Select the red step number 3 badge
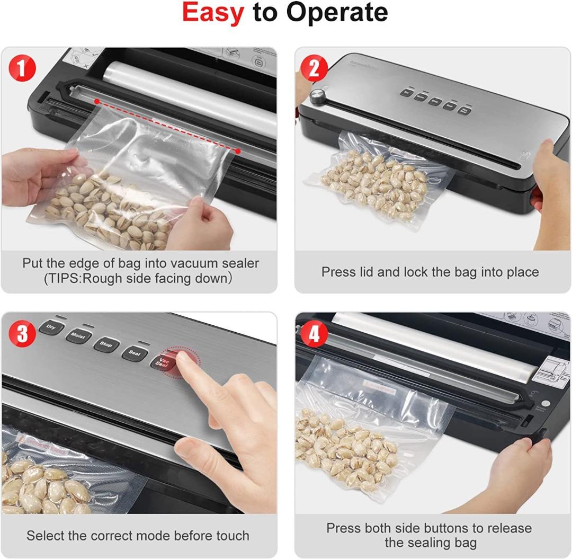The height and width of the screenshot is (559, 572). click(22, 334)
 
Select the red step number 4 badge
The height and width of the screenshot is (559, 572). click(314, 334)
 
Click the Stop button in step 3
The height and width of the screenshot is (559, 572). click(106, 344)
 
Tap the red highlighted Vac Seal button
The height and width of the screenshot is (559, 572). click(161, 362)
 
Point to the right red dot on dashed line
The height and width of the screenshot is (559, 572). click(238, 151)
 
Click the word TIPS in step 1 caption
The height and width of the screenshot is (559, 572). click(66, 279)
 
